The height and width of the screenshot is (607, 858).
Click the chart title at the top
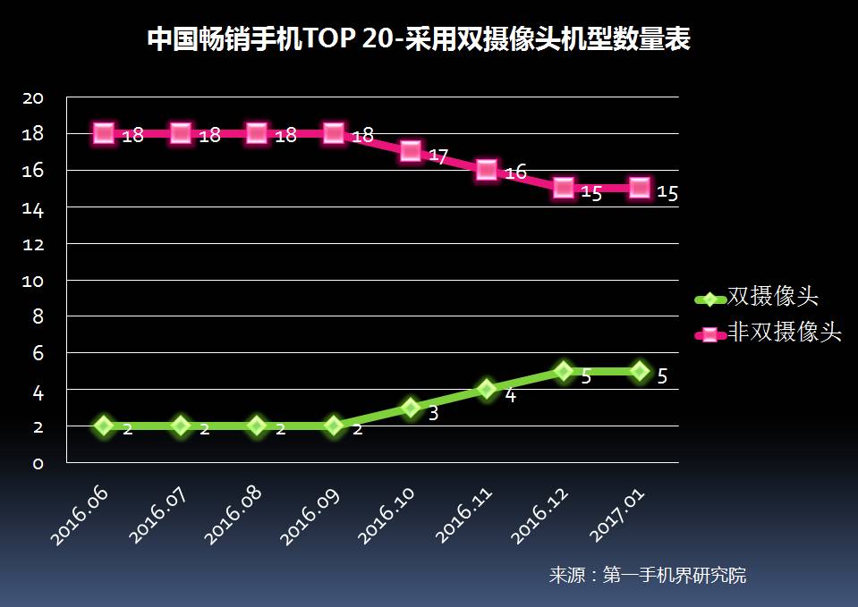click(x=418, y=40)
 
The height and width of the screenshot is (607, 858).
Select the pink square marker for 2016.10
click(x=411, y=150)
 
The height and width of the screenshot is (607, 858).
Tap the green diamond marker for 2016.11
click(x=487, y=389)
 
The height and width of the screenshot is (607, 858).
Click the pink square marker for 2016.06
click(x=104, y=133)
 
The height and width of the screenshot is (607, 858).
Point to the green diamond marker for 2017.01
click(x=640, y=371)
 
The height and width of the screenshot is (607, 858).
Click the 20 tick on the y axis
click(x=33, y=97)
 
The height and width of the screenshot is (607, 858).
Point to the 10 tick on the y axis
click(x=33, y=281)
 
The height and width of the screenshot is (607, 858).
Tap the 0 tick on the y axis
click(x=38, y=463)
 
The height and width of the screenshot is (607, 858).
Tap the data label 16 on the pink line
click(x=515, y=173)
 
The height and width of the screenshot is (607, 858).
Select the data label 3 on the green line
click(x=433, y=414)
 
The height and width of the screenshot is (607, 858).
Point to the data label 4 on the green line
click(x=510, y=395)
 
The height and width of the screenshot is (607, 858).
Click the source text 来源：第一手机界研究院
click(x=647, y=575)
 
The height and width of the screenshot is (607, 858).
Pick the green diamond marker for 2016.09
click(x=334, y=426)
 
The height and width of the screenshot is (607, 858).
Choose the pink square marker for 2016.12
click(x=564, y=187)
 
